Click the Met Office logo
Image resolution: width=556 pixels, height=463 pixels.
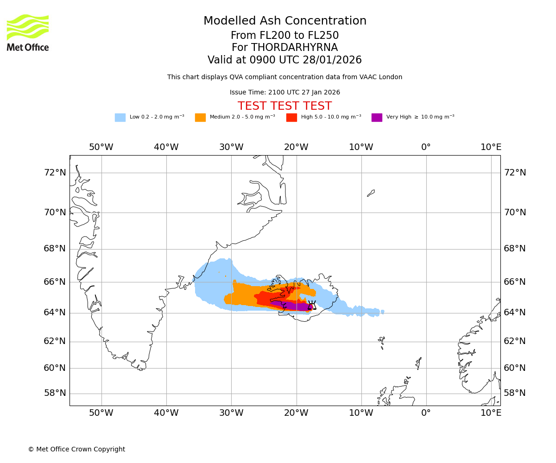tap(28, 32)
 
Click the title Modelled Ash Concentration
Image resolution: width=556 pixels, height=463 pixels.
tap(285, 21)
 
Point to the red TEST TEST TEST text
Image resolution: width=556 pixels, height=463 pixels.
tap(284, 106)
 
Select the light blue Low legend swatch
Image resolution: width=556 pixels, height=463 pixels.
tap(120, 118)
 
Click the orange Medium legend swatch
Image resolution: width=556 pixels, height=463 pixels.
tap(200, 118)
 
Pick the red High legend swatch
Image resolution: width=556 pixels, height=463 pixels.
tap(291, 118)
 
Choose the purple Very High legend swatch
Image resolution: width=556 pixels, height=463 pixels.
tap(377, 118)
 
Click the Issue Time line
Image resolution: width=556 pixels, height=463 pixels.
tap(284, 93)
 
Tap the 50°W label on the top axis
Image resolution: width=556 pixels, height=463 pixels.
tap(101, 147)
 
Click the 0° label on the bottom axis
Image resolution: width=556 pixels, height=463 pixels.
tap(426, 413)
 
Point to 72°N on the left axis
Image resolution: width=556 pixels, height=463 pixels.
tap(55, 173)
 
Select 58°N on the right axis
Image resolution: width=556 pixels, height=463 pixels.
tap(515, 393)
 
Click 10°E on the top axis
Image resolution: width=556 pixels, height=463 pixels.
tap(491, 147)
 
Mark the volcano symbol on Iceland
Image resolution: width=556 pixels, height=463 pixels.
tap(312, 305)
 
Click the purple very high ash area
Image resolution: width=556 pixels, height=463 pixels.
tap(297, 306)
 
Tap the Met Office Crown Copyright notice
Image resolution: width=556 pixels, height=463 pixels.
tap(76, 450)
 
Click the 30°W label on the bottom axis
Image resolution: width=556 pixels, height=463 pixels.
tap(231, 413)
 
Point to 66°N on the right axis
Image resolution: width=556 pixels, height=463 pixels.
tap(515, 282)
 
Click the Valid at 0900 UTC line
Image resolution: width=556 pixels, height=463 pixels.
tap(284, 60)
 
